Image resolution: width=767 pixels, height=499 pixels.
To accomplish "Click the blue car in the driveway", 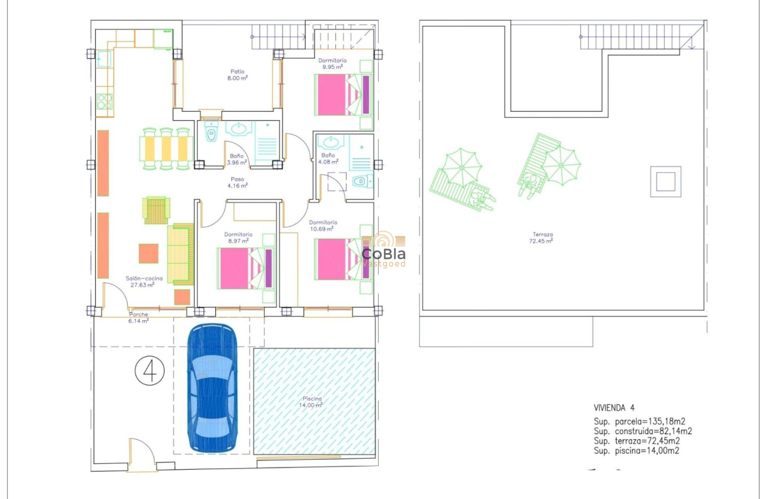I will pos(212,389).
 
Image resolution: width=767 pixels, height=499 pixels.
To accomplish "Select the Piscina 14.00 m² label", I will pos(311,402).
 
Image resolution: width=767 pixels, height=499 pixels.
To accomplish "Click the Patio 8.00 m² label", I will pos(237,75).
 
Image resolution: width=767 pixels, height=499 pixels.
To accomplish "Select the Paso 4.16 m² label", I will pos(237,182).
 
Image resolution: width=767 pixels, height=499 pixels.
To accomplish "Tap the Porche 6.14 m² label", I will pos(138,317).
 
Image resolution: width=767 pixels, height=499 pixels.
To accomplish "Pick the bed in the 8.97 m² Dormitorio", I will pos(246,269).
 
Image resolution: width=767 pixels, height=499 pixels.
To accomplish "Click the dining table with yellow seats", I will pos(166,149).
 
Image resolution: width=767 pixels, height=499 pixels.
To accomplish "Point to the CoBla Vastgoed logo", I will pos(383,249).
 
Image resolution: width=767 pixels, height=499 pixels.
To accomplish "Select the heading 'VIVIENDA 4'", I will pos(614,408).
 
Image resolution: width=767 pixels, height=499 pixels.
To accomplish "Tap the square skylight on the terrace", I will pos(665,181).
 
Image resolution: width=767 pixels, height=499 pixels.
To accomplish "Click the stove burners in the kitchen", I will pos(104,102).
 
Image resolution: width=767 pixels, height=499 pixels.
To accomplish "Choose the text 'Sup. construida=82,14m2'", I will pos(643,431).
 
